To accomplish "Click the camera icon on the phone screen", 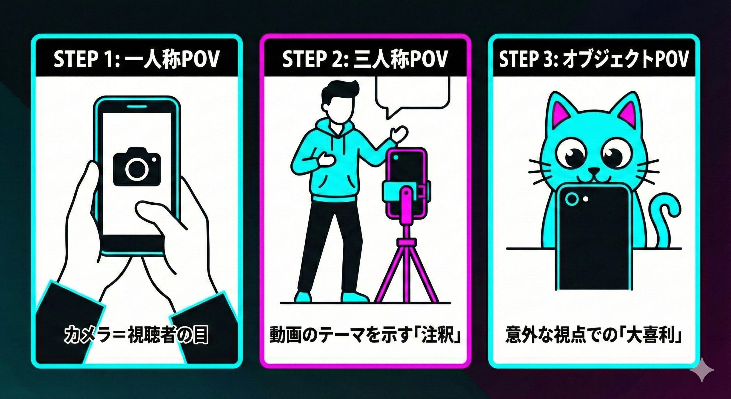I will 137,167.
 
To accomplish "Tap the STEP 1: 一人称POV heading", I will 136,59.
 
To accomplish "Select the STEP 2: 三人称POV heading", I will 365,59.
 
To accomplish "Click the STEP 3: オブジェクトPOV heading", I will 593,59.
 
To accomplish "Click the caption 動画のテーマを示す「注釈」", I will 365,335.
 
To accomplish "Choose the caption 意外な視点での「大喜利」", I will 593,335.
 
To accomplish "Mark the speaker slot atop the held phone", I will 137,106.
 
